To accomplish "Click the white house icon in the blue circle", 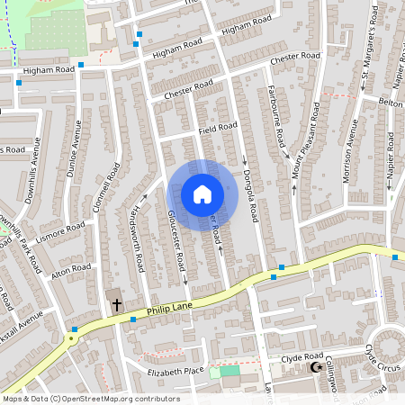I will coord(202,193).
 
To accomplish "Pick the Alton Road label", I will coord(71,269).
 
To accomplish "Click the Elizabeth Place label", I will coord(176,371).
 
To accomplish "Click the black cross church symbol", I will coord(116,305).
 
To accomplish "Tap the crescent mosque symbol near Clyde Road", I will coord(315,367).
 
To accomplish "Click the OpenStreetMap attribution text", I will coord(90,399).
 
